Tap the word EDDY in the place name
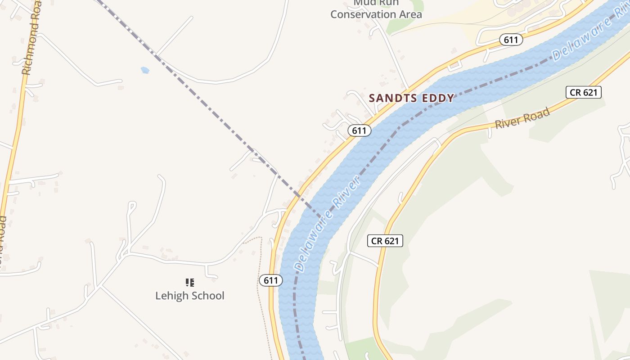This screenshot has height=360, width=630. coord(438,98)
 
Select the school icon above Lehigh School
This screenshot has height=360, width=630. coord(190,283)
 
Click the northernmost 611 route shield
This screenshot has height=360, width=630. coord(511,40)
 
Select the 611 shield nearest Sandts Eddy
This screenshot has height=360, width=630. coord(359,130)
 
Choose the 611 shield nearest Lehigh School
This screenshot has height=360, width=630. coord(271,280)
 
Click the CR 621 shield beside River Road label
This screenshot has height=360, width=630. coord(583,93)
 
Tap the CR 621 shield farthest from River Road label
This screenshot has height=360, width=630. coord(385,241)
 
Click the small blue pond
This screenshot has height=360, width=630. coord(144,70)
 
